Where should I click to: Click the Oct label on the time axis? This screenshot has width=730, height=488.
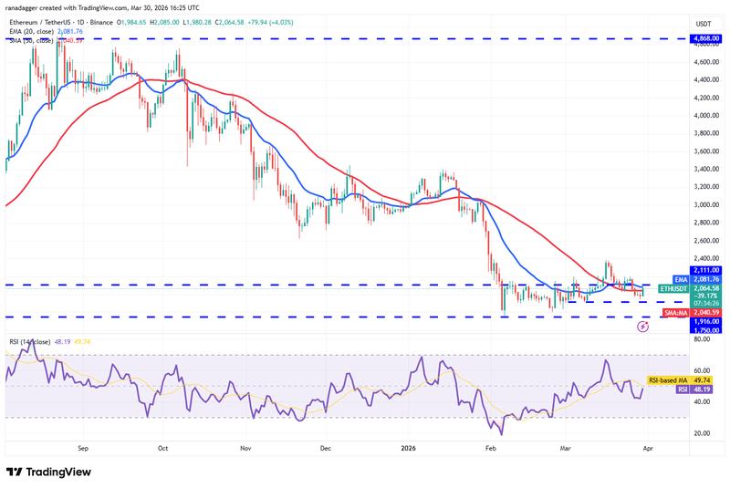pos(162,449)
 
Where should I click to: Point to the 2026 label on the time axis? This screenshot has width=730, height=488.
pos(409,449)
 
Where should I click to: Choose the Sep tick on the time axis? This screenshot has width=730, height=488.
pos(83,449)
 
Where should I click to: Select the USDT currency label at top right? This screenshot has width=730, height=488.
pos(704,24)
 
